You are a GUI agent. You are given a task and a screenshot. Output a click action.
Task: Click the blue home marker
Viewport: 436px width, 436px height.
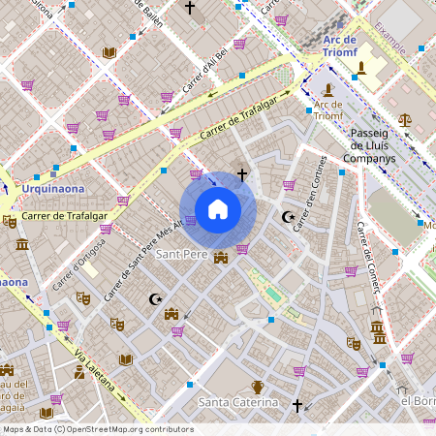(x=218, y=209)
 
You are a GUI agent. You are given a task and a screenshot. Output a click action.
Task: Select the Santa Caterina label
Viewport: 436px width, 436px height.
(x=238, y=402)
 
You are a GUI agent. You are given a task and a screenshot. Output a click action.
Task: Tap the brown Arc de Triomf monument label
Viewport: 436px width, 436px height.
(x=328, y=109)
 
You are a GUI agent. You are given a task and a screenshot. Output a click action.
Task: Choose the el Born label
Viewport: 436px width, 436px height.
(x=418, y=401)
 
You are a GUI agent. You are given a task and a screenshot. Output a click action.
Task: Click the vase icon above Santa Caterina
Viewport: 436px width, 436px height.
(x=258, y=387)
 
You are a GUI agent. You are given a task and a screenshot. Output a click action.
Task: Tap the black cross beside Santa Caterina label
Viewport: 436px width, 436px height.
(x=297, y=405)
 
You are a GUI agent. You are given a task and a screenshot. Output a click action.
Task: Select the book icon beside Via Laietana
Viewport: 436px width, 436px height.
(x=125, y=359)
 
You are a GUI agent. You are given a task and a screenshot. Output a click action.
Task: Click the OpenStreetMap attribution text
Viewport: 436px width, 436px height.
(x=97, y=429)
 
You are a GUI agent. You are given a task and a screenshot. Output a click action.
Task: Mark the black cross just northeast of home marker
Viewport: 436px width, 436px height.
(x=241, y=174)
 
